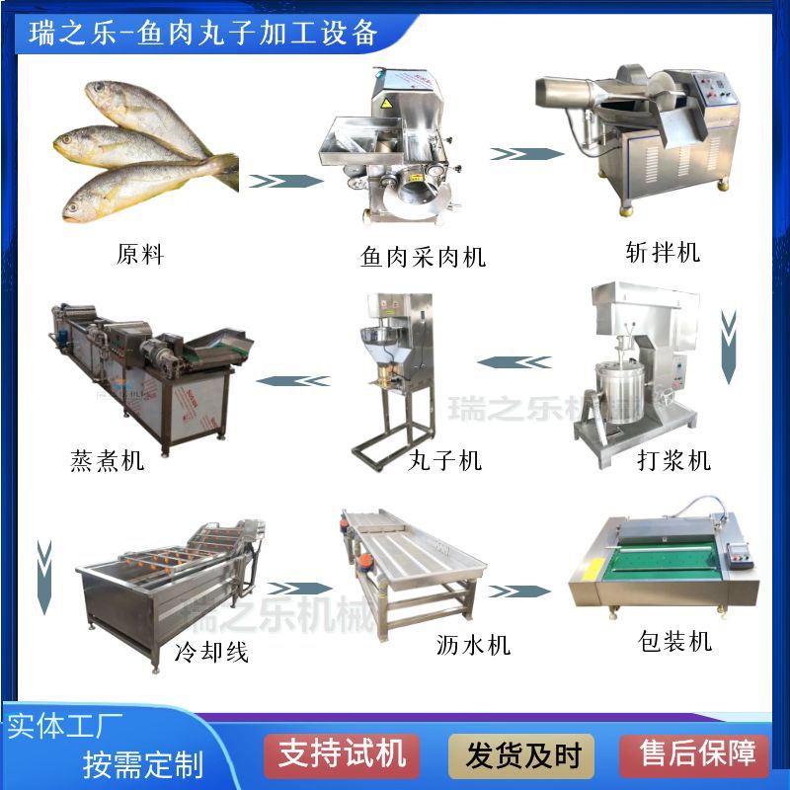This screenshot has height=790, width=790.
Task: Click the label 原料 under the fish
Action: tap(140, 254)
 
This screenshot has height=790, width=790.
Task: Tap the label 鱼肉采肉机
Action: tap(424, 258)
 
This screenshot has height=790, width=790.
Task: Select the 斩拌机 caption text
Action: tap(663, 252)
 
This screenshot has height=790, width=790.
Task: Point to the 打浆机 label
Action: tap(674, 459)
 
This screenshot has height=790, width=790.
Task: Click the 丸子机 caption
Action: tap(445, 459)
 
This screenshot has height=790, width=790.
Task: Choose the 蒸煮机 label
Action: tap(108, 459)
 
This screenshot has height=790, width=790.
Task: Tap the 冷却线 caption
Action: tap(211, 651)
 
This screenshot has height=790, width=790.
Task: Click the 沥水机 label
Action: tap(473, 645)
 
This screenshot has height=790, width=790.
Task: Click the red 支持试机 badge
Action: tap(342, 755)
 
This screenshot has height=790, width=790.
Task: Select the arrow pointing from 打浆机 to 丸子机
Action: tap(516, 362)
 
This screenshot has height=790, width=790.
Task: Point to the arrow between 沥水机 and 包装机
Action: tap(519, 591)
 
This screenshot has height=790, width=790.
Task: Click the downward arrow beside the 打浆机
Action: tap(729, 347)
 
